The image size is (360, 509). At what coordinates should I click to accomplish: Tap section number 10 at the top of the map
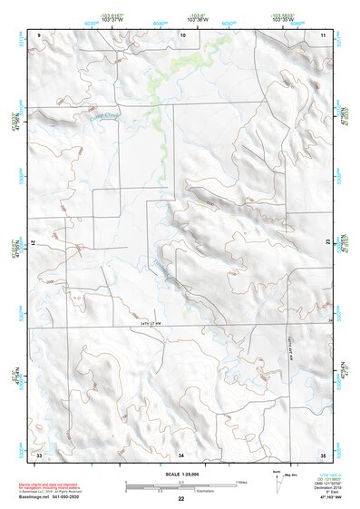coord(183,34)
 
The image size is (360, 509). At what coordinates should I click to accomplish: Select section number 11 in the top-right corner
coord(322,34)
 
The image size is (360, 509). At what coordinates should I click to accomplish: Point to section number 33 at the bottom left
coord(39,453)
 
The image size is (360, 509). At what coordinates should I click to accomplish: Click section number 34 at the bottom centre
coord(181,453)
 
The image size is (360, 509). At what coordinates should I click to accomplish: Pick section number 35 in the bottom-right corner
coord(322,453)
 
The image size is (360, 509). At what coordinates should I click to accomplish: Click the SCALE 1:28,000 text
coord(180,474)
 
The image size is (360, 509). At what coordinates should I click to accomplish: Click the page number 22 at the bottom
coord(181,499)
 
